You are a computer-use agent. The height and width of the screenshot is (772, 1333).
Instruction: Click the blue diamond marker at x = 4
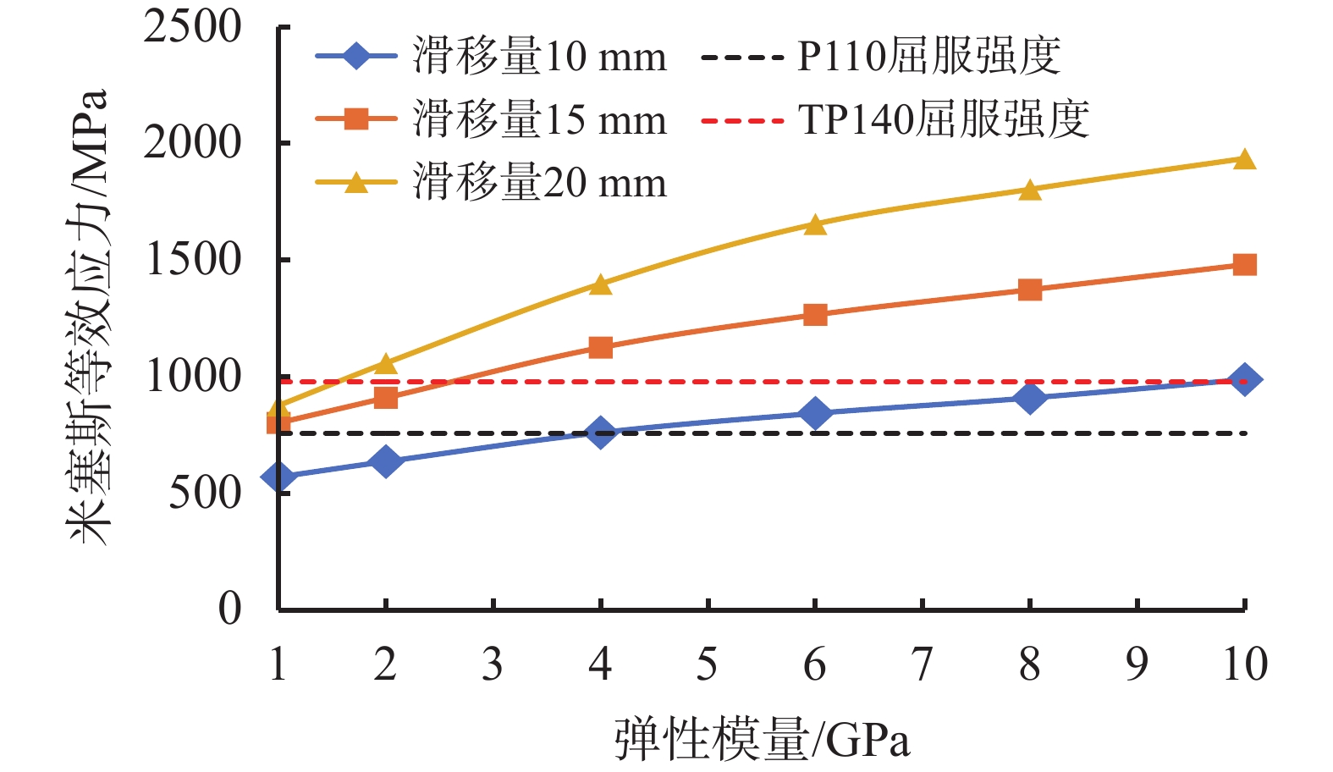(x=600, y=433)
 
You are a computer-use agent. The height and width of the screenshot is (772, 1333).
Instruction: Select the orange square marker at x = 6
(x=815, y=315)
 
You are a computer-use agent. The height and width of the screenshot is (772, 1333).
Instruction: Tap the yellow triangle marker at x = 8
(x=1029, y=190)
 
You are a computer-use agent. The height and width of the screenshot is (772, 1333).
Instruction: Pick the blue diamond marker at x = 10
(x=1244, y=380)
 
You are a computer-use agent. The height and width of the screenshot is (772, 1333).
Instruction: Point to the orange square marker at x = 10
(x=1244, y=265)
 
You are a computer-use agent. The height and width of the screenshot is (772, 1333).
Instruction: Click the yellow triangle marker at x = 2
(x=386, y=364)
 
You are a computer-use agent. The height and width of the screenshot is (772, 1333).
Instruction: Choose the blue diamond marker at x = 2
(x=386, y=461)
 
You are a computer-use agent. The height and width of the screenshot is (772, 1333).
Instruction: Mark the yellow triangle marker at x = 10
(x=1244, y=160)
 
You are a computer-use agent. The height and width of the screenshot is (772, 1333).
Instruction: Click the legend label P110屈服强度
(x=928, y=58)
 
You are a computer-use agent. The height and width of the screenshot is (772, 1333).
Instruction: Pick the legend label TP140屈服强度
(x=943, y=120)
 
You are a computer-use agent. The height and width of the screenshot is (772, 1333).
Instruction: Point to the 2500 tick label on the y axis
(x=192, y=27)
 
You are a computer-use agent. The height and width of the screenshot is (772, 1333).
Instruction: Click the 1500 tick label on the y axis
(x=194, y=260)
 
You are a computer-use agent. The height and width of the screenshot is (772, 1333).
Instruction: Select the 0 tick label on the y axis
(x=229, y=609)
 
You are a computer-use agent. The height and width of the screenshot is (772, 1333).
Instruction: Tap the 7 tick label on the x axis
(x=922, y=664)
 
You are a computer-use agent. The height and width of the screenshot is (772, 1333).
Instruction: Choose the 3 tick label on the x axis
(x=493, y=664)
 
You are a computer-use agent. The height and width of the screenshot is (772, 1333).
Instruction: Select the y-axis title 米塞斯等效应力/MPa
(x=90, y=317)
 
